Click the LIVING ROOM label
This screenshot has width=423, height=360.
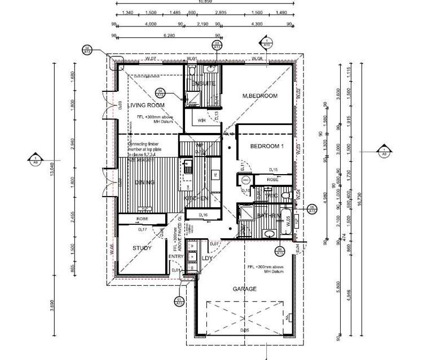146,105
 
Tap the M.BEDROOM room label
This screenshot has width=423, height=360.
260,96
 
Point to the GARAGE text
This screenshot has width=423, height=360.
244,289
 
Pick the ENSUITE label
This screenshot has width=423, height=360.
203,83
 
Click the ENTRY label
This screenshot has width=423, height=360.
177,257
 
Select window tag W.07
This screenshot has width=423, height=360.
149,59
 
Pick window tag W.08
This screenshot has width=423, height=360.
257,59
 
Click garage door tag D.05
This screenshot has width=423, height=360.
244,330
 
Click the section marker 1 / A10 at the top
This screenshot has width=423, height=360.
266,42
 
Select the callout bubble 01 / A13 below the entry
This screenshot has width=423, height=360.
179,301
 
